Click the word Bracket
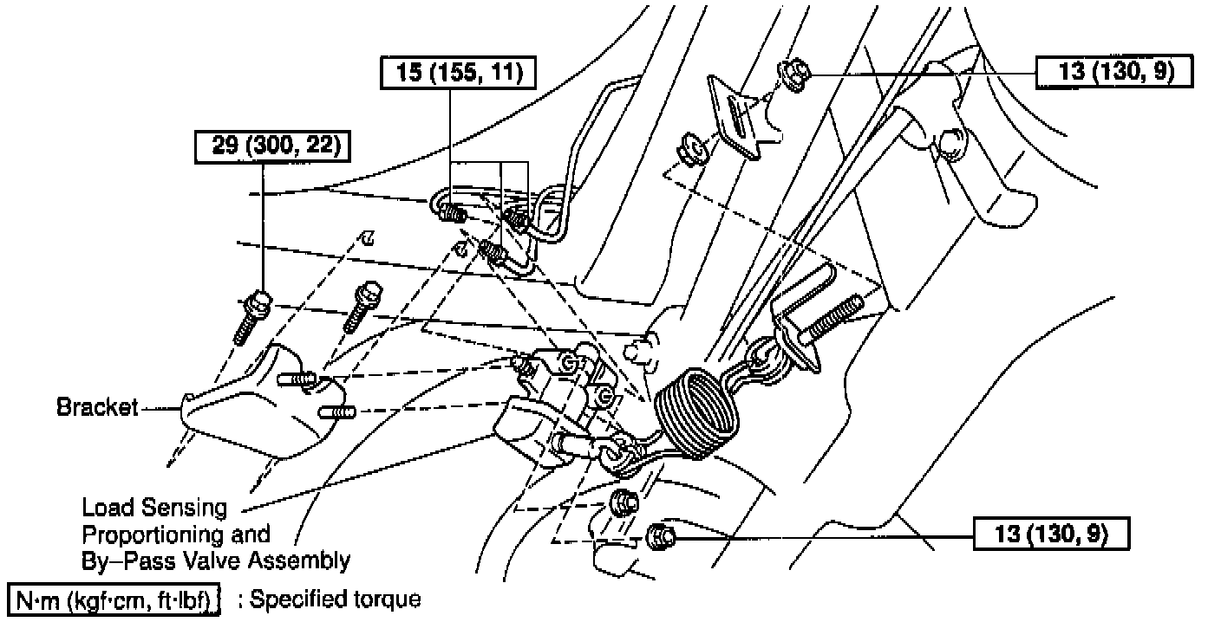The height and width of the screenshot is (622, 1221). (97, 406)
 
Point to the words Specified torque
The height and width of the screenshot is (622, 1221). (334, 599)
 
